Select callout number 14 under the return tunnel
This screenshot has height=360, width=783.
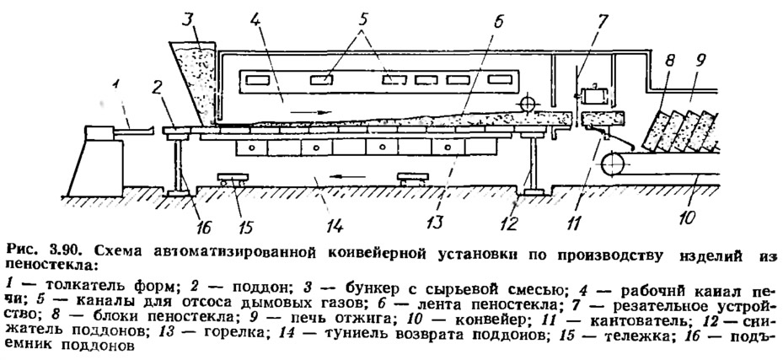click(334, 225)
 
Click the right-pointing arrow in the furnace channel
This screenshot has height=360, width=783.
click(311, 112)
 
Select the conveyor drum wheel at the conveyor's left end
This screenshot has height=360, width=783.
click(612, 164)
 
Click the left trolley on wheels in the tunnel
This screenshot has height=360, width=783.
click(233, 180)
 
